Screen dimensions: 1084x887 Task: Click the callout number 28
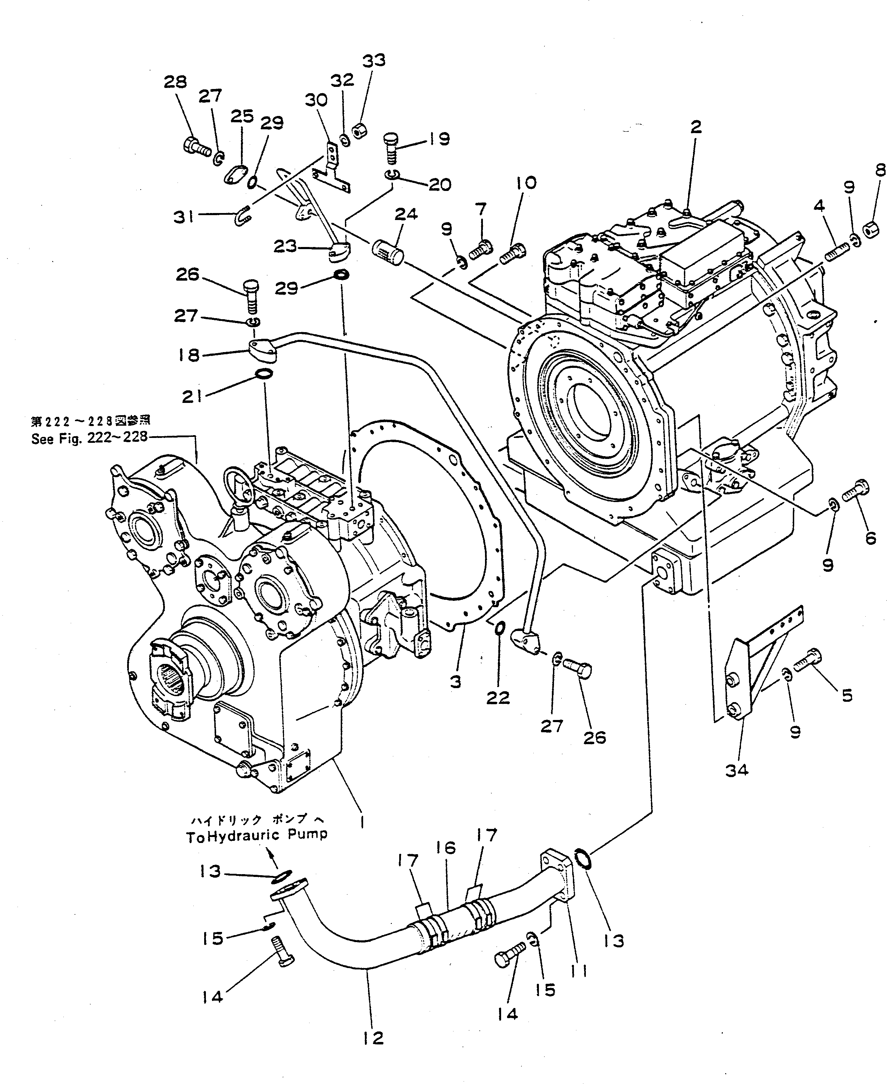tap(175, 82)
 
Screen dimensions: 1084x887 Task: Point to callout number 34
tap(736, 770)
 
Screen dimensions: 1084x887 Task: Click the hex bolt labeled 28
tap(196, 147)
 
